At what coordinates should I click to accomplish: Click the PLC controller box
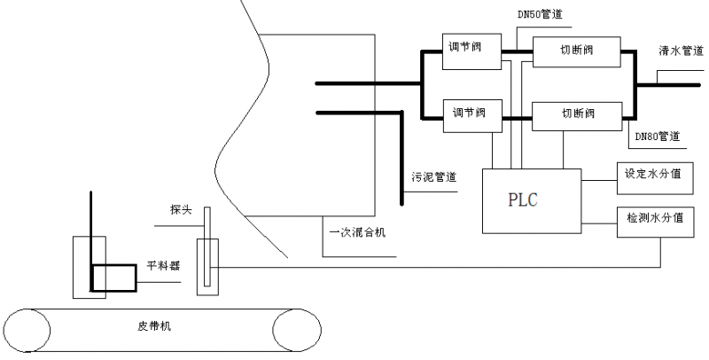tap(531, 200)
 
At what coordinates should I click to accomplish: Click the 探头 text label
tap(181, 210)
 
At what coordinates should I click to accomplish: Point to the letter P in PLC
tap(515, 200)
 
